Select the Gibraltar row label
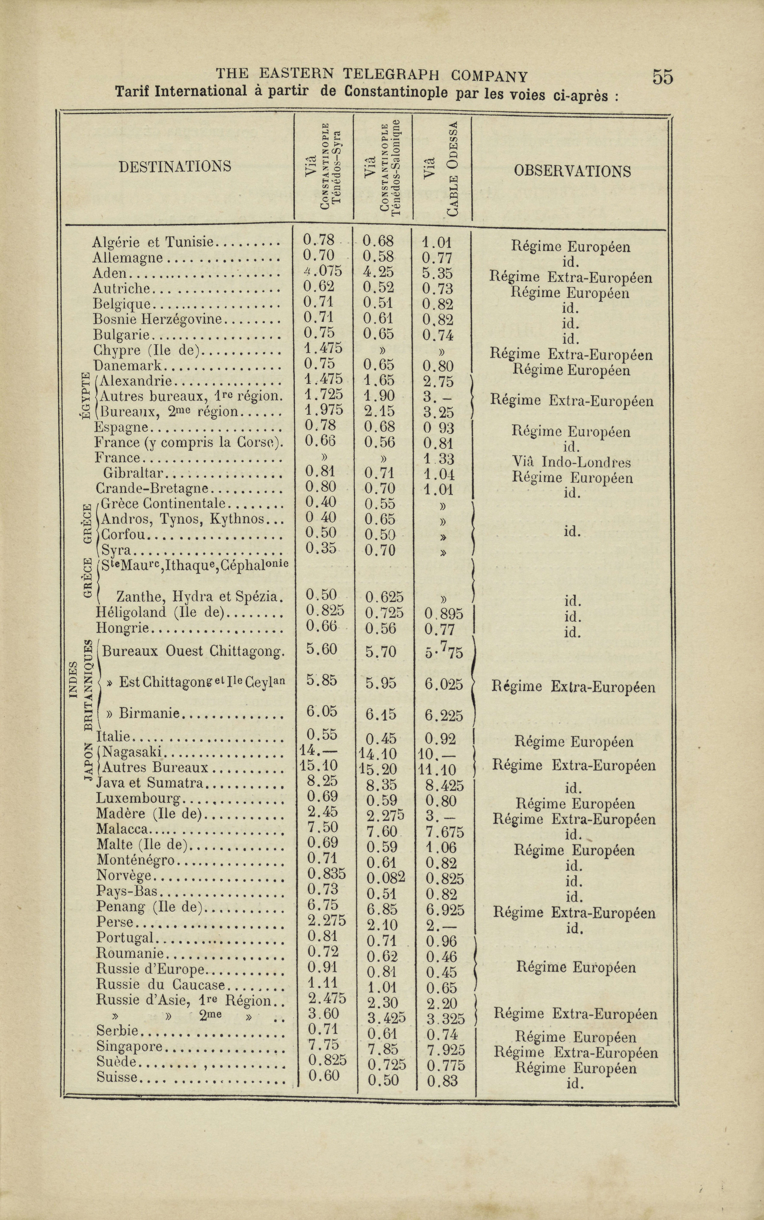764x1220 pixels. (133, 473)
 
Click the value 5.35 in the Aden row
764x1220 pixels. (438, 273)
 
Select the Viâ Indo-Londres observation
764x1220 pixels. (571, 462)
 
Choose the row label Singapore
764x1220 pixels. (129, 1046)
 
